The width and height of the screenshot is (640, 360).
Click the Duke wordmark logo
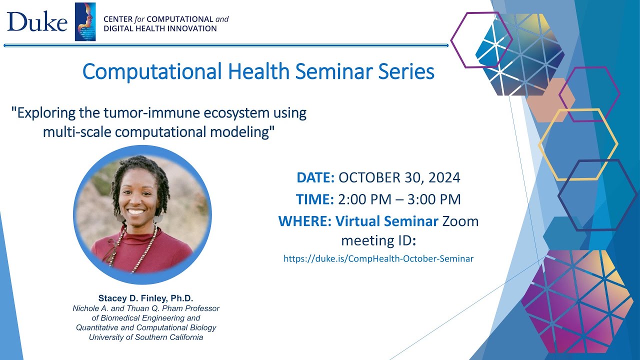point(37,21)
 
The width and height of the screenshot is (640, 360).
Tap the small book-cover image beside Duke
point(85,21)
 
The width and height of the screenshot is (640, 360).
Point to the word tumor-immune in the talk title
point(150,112)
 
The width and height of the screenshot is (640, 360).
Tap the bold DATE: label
point(315,177)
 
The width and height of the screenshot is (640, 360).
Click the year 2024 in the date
point(443,177)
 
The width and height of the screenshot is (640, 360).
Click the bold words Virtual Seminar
point(387,220)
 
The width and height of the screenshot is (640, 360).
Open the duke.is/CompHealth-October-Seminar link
point(378,258)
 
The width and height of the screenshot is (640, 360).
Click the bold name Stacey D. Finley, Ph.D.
point(145,298)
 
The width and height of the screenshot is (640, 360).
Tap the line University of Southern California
point(146,337)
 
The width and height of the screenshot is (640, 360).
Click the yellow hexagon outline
point(578,144)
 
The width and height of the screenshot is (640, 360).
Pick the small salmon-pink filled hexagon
point(549,100)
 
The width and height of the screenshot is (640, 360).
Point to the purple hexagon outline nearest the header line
point(481,39)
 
